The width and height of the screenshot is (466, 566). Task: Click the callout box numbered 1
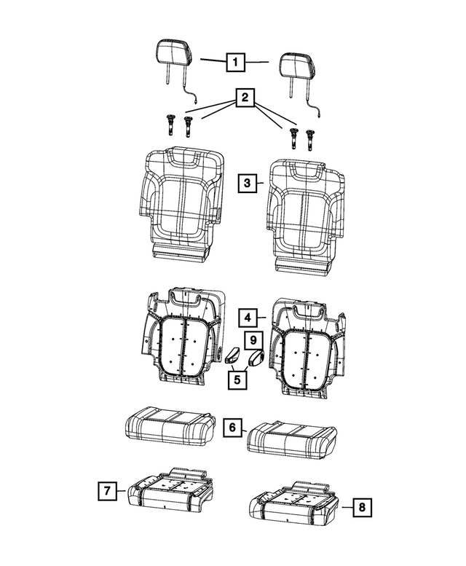234,63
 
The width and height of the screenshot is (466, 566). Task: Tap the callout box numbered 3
247,184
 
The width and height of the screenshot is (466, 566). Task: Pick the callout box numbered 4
248,318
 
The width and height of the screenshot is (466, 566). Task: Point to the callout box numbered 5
236,379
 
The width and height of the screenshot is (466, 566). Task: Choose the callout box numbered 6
231,428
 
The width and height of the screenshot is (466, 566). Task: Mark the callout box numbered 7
107,492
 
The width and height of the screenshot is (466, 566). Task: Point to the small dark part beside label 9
256,358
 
